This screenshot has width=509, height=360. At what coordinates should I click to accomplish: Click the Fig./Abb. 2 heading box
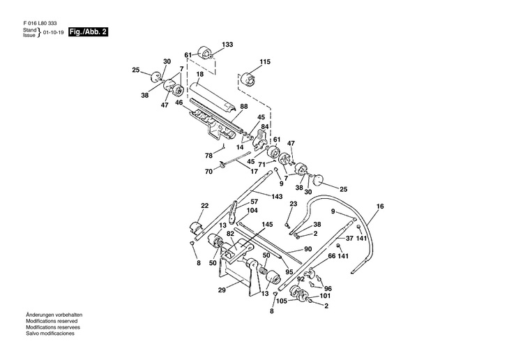tap(88, 32)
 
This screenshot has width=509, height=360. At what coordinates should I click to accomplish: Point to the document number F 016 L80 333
tap(40, 24)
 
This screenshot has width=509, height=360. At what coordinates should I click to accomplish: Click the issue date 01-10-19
tap(53, 33)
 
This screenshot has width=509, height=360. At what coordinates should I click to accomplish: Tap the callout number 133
tap(227, 45)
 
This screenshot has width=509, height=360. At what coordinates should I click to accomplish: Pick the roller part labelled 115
tap(248, 78)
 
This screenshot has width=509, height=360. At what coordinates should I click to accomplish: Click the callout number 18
tap(199, 74)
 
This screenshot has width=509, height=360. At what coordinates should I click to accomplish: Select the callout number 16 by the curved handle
tap(380, 207)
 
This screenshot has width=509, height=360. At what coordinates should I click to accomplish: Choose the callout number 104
tap(252, 210)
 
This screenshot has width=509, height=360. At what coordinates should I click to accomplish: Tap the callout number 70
tap(208, 172)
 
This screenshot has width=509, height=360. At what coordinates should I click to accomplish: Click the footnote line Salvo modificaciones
tap(50, 334)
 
